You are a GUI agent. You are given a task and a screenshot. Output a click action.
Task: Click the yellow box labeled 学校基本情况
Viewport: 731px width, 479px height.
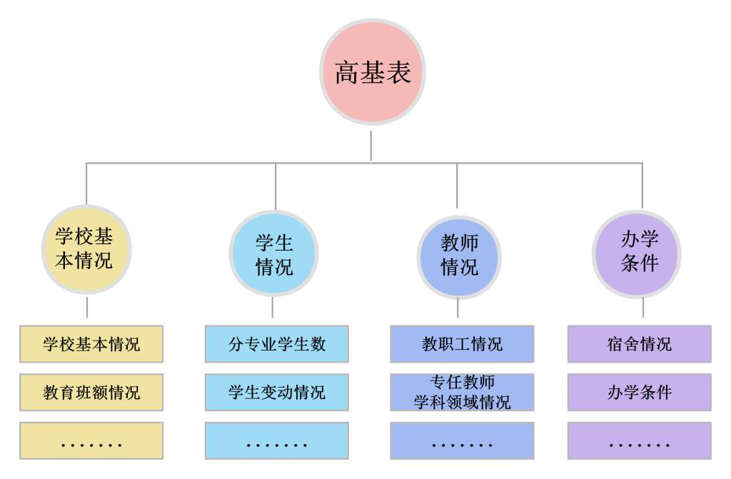[91, 344]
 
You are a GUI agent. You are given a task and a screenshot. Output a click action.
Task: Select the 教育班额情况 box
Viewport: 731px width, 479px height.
[91, 392]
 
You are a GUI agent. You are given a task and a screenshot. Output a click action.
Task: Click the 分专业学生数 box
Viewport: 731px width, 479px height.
[277, 344]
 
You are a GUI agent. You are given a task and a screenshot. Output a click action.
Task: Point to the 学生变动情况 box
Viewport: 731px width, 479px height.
[277, 392]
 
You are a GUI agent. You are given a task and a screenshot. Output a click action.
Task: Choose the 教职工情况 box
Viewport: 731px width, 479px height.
[462, 344]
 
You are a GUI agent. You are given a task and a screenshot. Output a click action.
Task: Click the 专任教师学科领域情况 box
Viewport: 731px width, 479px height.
[462, 392]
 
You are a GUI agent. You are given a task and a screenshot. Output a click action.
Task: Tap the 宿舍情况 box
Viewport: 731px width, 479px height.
[640, 344]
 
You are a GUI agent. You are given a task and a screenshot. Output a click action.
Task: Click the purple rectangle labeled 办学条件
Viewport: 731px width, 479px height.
[640, 392]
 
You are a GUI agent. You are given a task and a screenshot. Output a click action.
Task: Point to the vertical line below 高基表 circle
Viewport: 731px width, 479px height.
[371, 145]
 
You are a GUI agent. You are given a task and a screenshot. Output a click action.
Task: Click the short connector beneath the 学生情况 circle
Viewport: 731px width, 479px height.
[273, 308]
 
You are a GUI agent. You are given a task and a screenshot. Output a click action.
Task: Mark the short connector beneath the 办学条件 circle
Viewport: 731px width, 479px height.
[642, 308]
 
